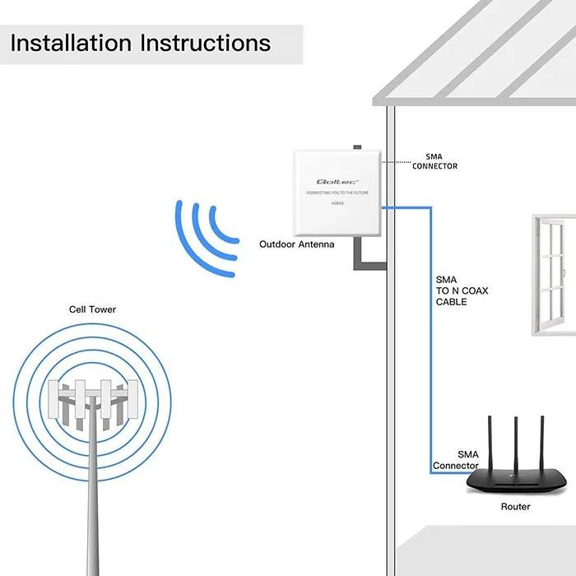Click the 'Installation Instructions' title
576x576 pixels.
(x=141, y=43)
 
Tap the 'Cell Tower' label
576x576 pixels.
(x=92, y=310)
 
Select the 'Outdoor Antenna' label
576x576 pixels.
(x=297, y=244)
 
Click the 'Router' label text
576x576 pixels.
(x=516, y=507)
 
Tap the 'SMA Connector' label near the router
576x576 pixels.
(x=456, y=460)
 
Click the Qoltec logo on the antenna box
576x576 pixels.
(x=335, y=182)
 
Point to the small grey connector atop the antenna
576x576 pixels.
(x=357, y=147)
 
